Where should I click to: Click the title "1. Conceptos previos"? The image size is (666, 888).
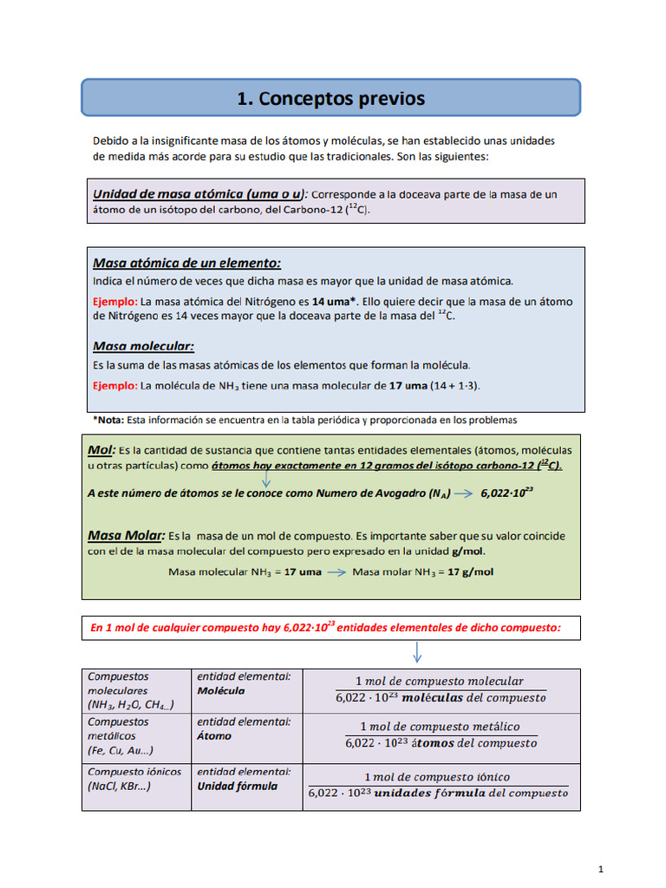click(x=331, y=98)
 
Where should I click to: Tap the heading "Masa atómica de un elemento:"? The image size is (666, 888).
click(x=186, y=263)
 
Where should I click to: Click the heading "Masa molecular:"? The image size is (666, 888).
click(x=143, y=346)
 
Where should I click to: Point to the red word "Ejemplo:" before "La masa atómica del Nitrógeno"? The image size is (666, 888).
click(x=114, y=301)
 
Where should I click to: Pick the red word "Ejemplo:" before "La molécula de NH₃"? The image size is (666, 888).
click(x=114, y=384)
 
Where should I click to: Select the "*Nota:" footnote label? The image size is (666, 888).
click(x=108, y=420)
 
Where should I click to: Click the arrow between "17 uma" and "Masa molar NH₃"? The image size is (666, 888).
click(x=336, y=572)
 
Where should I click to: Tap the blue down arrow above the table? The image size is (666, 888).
click(x=416, y=651)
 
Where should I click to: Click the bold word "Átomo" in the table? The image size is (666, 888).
click(x=214, y=736)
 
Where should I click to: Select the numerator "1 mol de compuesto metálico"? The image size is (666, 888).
click(x=440, y=726)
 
